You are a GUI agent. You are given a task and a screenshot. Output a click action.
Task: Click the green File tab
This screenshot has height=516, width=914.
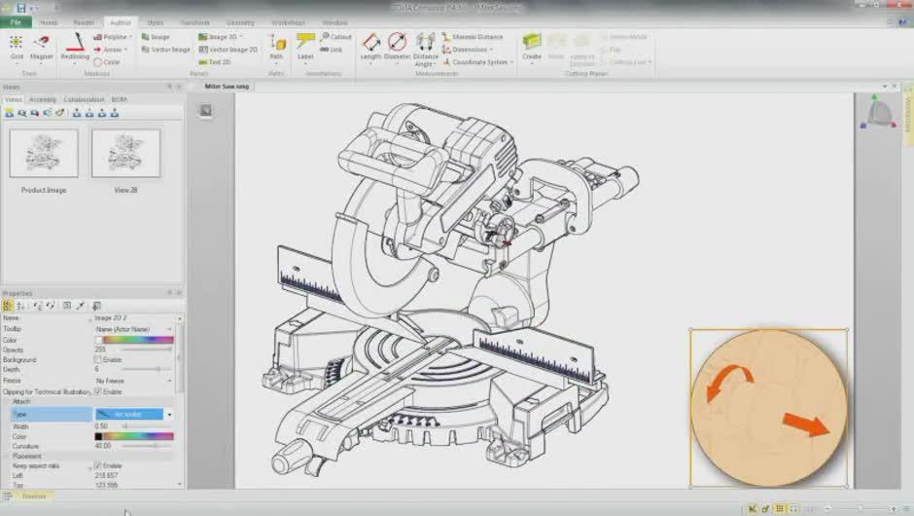coord(16,22)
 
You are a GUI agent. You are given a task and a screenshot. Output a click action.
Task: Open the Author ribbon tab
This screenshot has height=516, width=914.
coord(122,22)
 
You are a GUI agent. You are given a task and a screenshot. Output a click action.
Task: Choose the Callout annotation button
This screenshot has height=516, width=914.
coord(335,37)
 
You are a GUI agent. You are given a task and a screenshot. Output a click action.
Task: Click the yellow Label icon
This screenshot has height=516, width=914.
coord(305,42)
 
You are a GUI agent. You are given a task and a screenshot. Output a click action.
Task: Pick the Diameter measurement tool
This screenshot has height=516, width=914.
coord(397,42)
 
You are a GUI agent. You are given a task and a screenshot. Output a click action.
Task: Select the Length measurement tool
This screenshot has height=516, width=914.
coord(370,42)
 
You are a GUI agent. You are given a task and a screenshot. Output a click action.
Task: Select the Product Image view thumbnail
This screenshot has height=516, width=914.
coord(44,154)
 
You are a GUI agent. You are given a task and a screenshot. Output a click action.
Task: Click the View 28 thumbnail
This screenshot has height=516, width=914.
coord(125,154)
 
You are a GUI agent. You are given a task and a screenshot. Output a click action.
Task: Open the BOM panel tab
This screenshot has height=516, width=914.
coord(119,99)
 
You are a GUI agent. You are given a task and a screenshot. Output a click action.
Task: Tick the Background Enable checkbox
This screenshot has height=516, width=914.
coord(98,359)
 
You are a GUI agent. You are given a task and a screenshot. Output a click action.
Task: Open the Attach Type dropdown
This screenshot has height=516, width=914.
coord(169,414)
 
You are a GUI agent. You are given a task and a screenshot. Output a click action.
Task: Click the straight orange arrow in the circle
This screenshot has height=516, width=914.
coord(806,424)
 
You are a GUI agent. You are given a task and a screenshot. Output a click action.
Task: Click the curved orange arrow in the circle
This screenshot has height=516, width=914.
coord(727,382)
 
